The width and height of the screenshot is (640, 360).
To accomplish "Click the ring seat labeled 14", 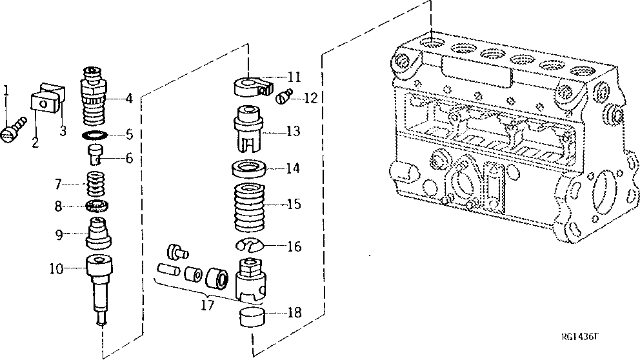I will pos(248,169).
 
